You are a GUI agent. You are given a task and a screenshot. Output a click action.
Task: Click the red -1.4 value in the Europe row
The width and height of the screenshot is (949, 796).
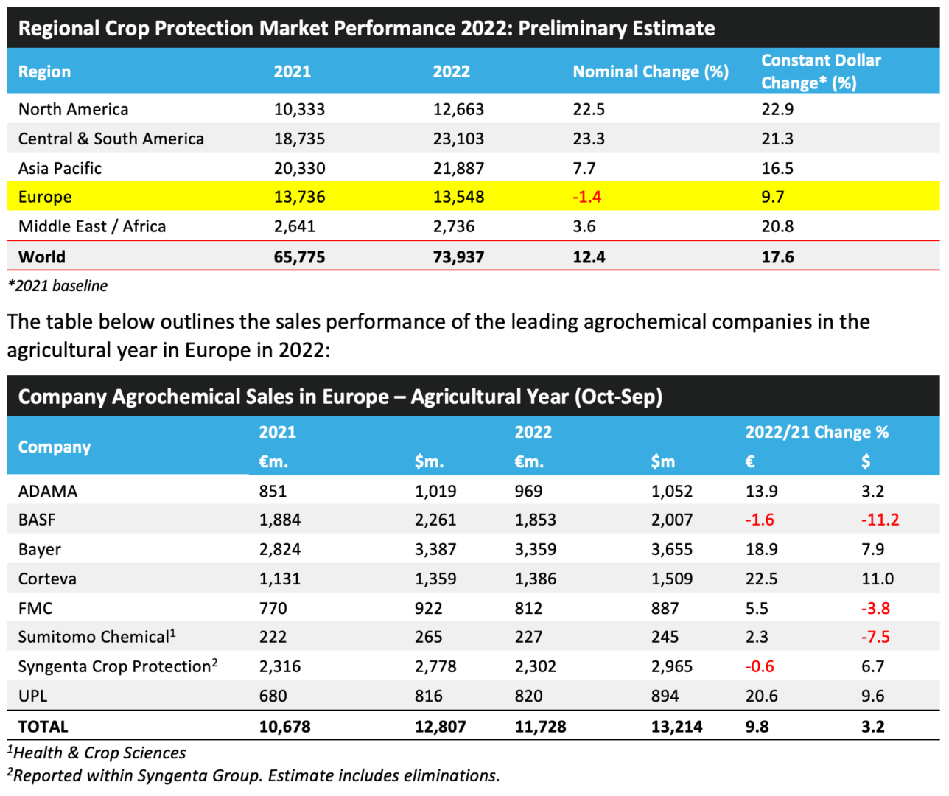tap(586, 197)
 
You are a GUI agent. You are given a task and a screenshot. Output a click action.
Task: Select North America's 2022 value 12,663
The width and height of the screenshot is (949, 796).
tap(458, 109)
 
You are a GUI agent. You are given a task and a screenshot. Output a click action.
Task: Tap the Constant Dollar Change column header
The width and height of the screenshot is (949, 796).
tap(821, 71)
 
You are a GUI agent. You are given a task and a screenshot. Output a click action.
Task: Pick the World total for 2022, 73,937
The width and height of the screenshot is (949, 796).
tap(458, 257)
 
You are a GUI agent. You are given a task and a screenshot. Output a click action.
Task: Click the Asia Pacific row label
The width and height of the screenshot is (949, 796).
tap(60, 168)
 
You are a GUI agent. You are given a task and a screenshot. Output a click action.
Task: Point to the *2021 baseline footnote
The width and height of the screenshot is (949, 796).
tap(57, 286)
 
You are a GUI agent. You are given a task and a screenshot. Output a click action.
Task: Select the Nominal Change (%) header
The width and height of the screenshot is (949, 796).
tap(651, 71)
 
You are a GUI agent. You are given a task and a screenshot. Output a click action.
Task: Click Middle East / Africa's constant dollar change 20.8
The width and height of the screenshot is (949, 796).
tap(777, 226)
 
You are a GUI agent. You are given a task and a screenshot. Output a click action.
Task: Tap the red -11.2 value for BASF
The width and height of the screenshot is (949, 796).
tap(880, 520)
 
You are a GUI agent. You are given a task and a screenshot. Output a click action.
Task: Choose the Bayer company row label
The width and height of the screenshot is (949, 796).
tap(40, 549)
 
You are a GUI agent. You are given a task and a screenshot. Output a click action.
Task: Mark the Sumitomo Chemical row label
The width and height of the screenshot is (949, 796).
tap(97, 637)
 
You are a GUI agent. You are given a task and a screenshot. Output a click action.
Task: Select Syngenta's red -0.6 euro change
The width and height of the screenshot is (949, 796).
tap(760, 666)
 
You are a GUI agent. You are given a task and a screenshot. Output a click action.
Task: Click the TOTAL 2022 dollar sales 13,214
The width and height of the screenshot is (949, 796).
tap(676, 727)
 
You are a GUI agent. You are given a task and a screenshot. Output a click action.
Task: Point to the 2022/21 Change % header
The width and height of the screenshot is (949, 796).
tap(816, 432)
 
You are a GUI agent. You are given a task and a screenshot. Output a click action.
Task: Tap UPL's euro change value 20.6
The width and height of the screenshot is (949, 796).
tap(762, 696)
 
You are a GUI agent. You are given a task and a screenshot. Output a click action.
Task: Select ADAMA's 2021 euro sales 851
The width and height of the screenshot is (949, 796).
tap(273, 491)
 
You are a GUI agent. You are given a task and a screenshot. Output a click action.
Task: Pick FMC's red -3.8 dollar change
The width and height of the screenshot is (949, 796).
tap(875, 608)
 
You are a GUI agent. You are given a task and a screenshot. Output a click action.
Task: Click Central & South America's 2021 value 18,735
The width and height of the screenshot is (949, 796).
tap(299, 139)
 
